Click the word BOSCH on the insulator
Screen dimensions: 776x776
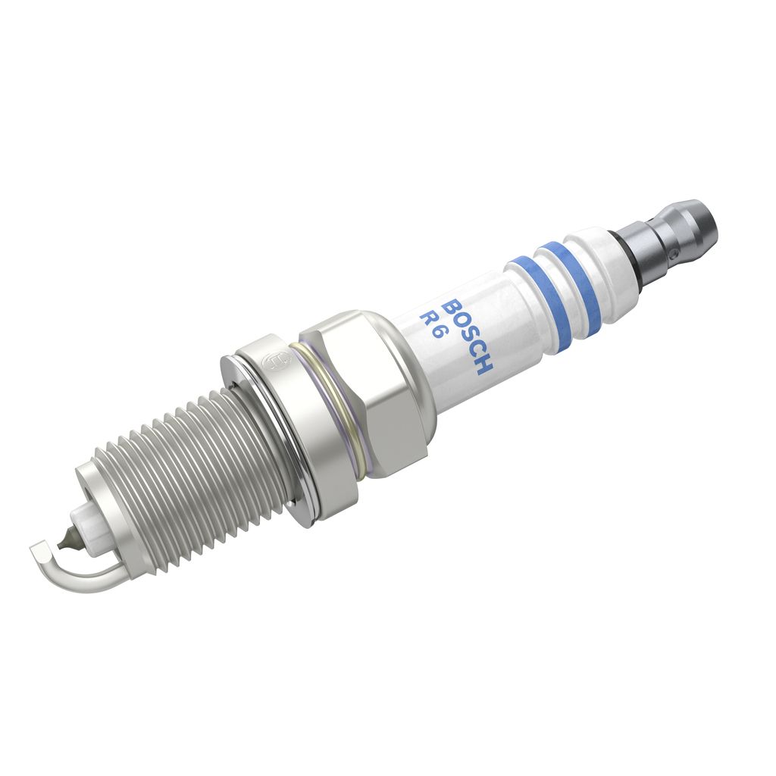468,336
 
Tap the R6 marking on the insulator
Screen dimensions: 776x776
430,324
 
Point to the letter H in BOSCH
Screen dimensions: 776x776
483,367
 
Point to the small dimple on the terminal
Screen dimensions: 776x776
672,255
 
